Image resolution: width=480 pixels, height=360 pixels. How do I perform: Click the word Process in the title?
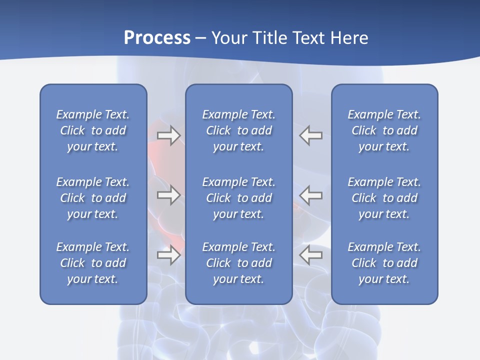tap(157, 38)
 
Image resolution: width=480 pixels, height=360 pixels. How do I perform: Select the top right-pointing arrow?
tap(169, 135)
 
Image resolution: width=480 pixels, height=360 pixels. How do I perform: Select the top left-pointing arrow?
tap(311, 135)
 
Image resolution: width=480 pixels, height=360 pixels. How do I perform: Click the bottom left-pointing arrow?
tap(311, 255)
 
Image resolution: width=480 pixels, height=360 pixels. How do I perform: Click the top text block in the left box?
tap(93, 130)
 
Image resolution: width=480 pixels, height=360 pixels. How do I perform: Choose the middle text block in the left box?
tap(93, 198)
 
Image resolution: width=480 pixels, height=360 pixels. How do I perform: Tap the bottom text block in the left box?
tap(93, 263)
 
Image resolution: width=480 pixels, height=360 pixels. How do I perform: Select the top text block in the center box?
tap(238, 130)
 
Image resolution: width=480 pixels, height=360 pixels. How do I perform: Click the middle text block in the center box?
tap(238, 198)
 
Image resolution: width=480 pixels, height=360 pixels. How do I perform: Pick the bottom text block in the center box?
tap(238, 263)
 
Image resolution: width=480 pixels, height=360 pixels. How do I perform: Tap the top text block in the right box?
tap(384, 130)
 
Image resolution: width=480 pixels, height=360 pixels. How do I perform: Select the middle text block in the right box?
tap(384, 198)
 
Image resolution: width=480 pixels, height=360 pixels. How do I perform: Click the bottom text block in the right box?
tap(384, 263)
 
